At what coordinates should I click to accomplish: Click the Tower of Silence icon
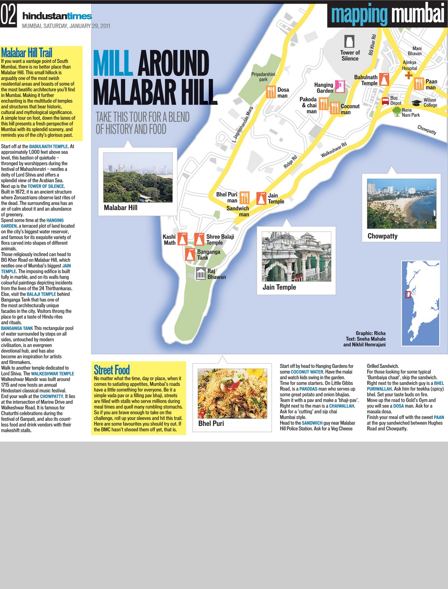(x=349, y=42)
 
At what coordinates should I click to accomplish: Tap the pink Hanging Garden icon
(x=340, y=86)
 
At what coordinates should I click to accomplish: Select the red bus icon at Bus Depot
(x=385, y=100)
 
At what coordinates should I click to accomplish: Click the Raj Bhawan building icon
(x=200, y=274)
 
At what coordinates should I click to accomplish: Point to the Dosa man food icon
(x=271, y=92)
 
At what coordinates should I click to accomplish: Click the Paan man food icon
(x=419, y=84)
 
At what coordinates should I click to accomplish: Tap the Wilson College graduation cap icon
(x=416, y=103)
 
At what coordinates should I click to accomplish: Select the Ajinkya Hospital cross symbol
(x=408, y=75)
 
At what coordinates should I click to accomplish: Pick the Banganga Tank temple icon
(x=190, y=254)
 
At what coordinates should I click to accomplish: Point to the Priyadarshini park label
(x=263, y=77)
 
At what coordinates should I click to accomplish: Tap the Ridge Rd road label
(x=290, y=162)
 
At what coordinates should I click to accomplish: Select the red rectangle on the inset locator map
(x=408, y=294)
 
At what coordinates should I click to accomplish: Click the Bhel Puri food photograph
(x=232, y=394)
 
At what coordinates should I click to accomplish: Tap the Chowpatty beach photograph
(x=401, y=204)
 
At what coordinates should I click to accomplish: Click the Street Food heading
(x=112, y=370)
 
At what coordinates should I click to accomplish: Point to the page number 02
(x=8, y=16)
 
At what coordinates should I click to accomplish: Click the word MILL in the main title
(x=113, y=63)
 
